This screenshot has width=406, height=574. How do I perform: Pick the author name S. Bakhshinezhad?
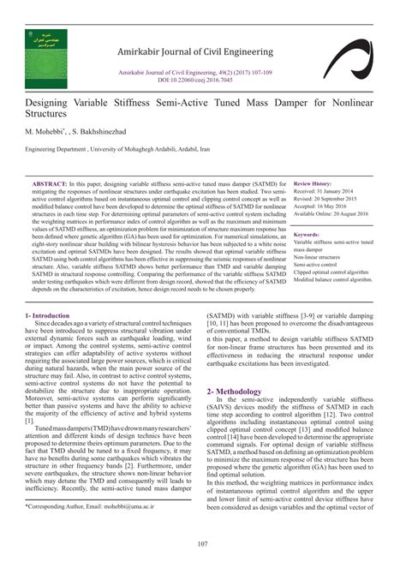[x=97, y=132]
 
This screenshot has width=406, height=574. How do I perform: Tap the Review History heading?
[x=313, y=184]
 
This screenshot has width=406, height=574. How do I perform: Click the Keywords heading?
[x=307, y=234]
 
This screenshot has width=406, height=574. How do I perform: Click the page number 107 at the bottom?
[x=203, y=543]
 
